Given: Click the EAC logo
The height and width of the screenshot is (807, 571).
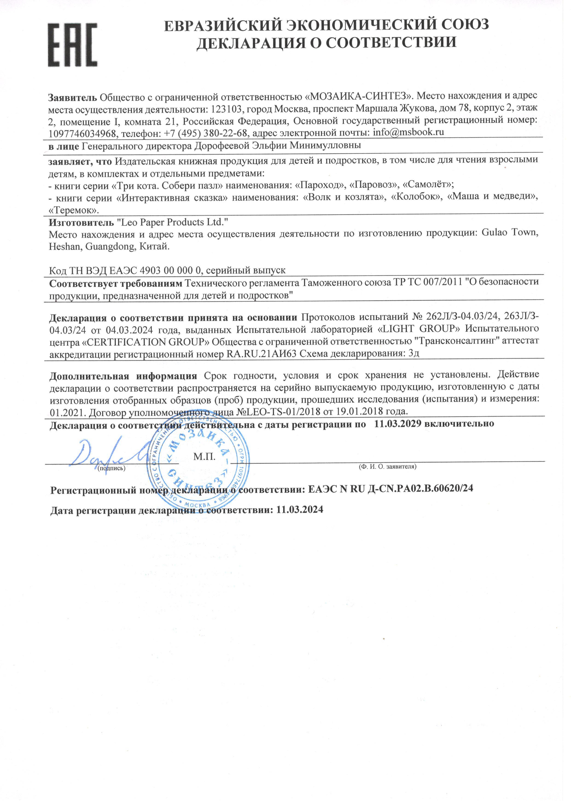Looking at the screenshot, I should [x=73, y=45].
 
